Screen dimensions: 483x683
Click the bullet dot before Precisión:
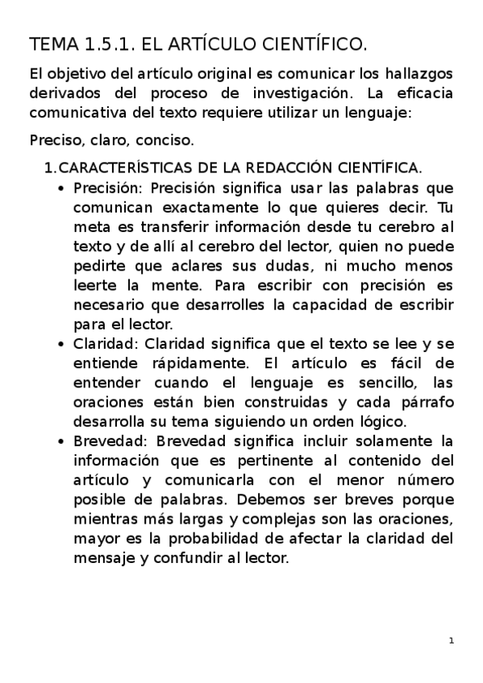point(63,189)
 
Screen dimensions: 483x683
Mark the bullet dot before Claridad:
point(63,344)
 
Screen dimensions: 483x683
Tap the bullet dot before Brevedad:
point(63,441)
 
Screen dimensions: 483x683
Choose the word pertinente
point(259,460)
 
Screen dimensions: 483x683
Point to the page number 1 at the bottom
point(452,641)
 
